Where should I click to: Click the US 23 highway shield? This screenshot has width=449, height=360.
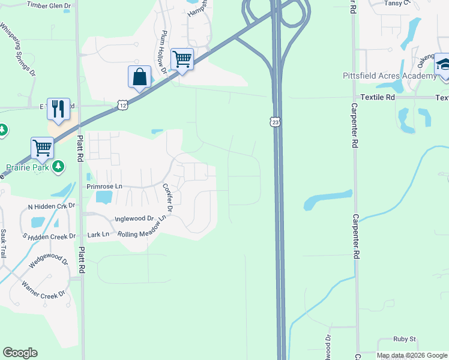275,122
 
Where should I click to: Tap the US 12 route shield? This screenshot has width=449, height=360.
122,105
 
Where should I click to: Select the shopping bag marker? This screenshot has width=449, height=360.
139,77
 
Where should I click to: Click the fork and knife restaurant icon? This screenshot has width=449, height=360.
58,109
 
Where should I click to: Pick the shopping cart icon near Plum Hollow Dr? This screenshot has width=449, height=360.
182,59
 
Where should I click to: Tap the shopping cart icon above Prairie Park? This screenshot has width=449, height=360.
42,148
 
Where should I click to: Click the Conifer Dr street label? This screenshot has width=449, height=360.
167,197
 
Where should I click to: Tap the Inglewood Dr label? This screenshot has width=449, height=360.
133,219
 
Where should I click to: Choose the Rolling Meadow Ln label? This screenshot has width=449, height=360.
142,230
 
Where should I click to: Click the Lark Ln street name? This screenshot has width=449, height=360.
98,234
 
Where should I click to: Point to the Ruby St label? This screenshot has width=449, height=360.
405,339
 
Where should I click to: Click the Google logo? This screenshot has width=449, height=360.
20,353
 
